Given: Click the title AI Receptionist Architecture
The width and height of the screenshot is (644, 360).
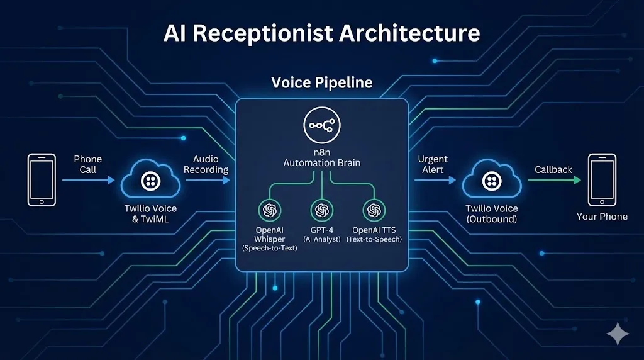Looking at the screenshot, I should tap(321, 33).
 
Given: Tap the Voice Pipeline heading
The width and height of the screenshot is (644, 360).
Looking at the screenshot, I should tap(321, 82).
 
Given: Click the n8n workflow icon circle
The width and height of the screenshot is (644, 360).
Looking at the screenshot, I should tap(321, 126).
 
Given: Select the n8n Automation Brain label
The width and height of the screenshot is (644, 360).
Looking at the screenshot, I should tap(321, 157).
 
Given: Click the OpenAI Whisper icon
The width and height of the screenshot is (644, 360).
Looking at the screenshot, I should tap(270, 209).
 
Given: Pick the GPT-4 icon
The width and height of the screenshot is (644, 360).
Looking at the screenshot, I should tap(321, 209).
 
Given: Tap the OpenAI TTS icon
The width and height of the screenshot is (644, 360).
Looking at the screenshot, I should tap(374, 209).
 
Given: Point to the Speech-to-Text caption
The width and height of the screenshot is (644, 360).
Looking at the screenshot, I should tap(270, 249).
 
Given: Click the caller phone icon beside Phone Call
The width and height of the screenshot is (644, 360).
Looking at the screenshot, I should tap(42, 179).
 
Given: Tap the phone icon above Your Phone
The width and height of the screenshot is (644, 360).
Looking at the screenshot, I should tap(602, 179).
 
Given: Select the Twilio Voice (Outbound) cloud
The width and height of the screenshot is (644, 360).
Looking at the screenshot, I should tap(491, 180).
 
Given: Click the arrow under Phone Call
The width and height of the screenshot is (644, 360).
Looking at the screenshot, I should tap(88, 180).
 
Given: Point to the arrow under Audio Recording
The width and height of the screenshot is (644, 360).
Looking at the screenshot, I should tap(208, 180).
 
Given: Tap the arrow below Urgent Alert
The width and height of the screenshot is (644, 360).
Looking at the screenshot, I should tap(435, 180).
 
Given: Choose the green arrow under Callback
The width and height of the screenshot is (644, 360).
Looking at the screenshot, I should tap(553, 180).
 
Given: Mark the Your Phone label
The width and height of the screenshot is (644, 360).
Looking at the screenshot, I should tap(602, 217).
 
